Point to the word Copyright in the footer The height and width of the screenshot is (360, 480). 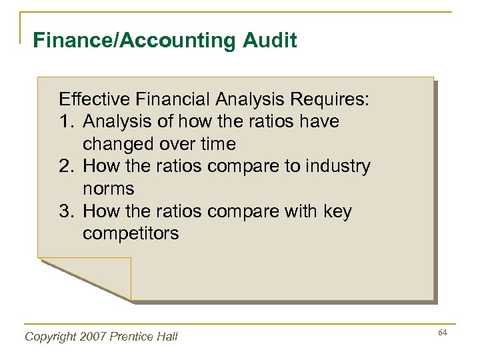[x=50, y=337]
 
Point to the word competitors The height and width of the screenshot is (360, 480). [x=131, y=234]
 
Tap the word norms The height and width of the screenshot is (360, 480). [x=108, y=189]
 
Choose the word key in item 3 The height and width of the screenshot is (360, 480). [x=337, y=212]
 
